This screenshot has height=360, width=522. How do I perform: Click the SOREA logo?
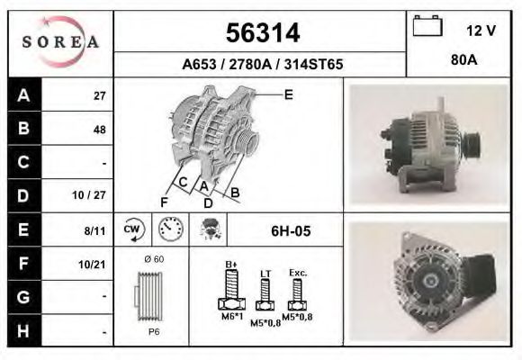coord(60,41)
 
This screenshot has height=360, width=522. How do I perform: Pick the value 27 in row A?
coord(100,95)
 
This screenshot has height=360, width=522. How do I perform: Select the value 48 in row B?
coord(99,129)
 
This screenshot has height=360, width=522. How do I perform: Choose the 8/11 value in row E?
coord(95,230)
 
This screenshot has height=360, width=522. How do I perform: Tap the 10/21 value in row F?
coord(94,263)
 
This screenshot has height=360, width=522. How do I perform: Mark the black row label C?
coord(22,162)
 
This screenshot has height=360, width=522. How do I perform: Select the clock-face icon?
coord(168,229)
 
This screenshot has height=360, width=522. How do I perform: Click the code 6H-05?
coord(291,231)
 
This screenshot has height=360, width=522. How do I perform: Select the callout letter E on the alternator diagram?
coord(288,94)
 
